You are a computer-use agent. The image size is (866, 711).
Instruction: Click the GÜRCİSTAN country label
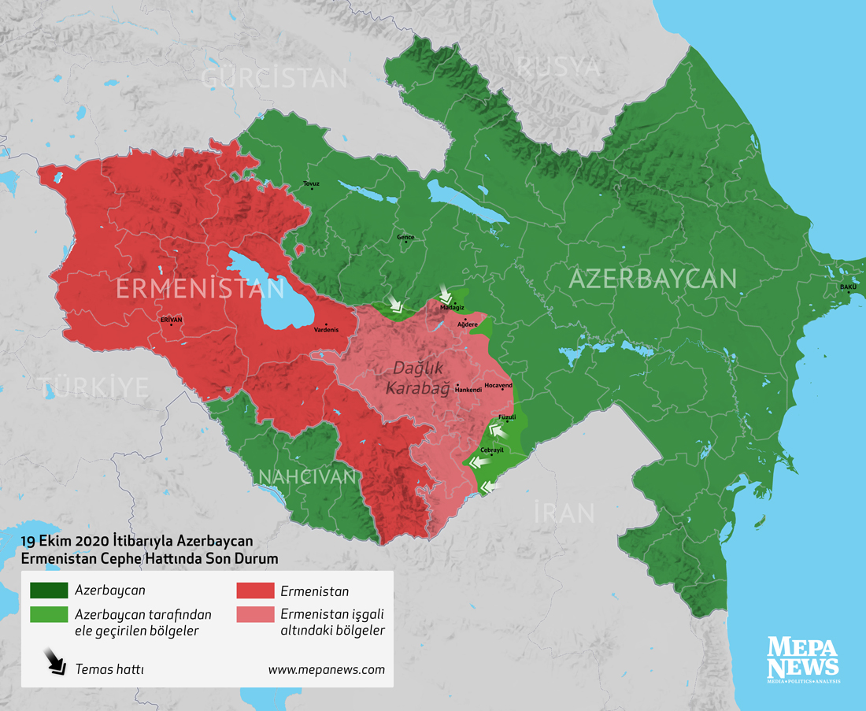274,78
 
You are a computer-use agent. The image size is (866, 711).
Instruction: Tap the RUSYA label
558,68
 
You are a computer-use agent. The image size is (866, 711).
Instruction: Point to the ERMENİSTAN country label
200,288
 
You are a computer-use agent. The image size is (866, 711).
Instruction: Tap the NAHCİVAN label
308,476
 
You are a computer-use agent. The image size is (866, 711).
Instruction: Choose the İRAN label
564,513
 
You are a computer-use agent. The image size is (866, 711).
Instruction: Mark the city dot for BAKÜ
849,292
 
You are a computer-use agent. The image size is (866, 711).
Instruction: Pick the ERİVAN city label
171,320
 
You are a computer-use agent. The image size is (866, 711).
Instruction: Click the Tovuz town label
312,183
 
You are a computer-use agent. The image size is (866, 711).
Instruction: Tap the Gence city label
405,236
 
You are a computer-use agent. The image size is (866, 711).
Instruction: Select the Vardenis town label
326,330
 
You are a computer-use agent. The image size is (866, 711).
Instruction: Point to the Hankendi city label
468,390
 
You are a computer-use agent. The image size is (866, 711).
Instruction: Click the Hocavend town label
498,385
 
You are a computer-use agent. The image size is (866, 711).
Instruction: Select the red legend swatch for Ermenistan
254,590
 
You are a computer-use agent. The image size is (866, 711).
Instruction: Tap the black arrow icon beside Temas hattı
54,661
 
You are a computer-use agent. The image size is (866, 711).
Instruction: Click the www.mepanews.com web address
326,670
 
